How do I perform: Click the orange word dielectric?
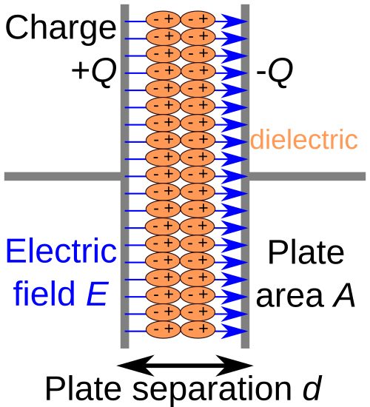click(303, 140)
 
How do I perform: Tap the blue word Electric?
click(61, 252)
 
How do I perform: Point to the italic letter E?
click(97, 295)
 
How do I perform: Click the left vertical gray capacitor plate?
click(124, 89)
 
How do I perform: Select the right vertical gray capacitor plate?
click(245, 89)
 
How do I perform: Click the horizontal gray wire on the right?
click(308, 176)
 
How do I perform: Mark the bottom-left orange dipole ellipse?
click(163, 329)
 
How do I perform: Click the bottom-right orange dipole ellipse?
click(198, 329)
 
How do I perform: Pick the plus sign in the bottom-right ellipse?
click(204, 329)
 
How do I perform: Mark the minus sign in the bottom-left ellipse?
click(155, 329)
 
